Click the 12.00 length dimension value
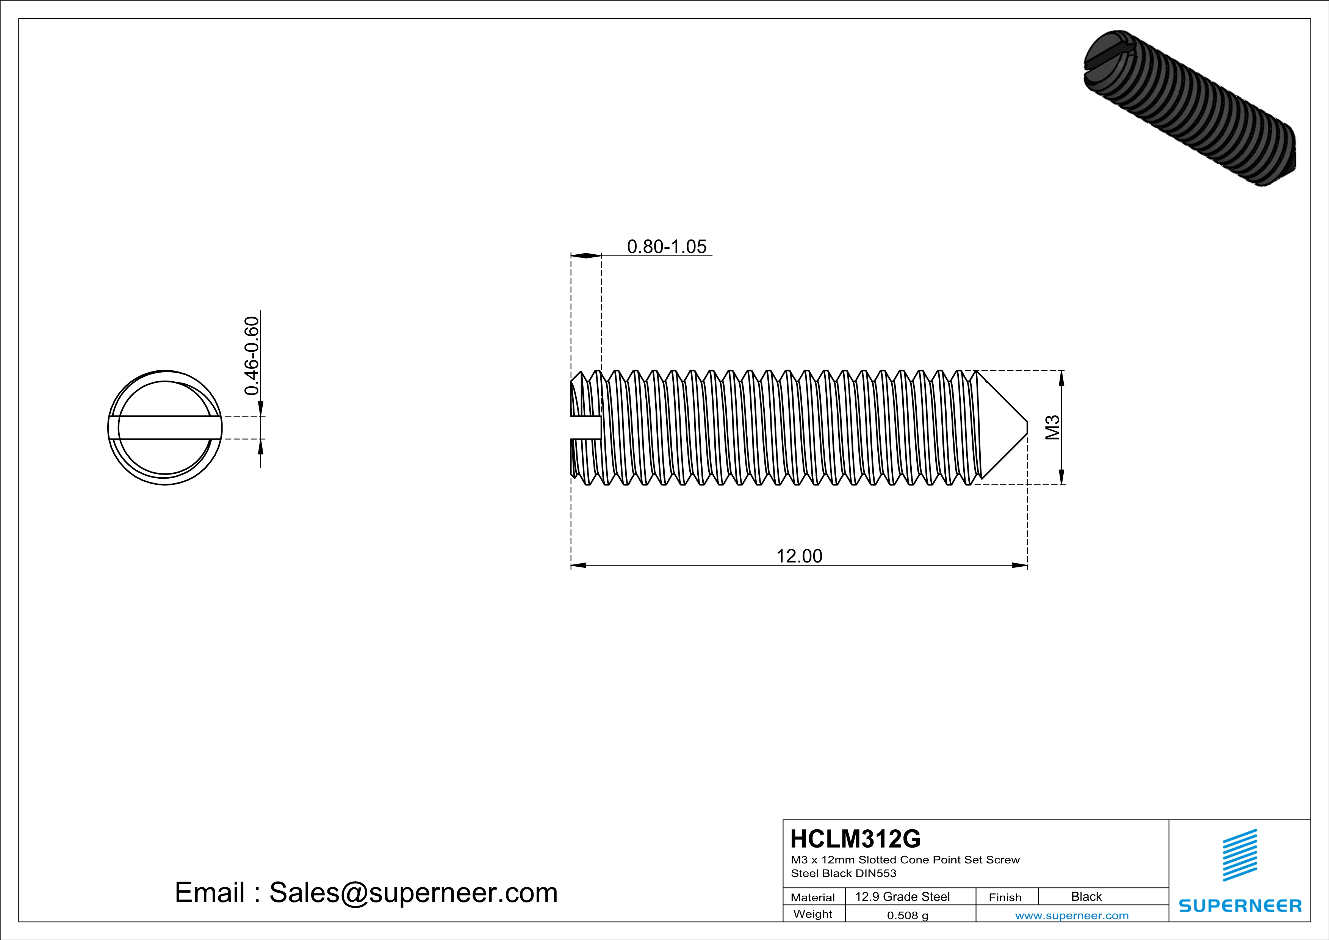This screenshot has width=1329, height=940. (x=799, y=556)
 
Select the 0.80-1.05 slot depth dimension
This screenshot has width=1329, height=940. (x=667, y=247)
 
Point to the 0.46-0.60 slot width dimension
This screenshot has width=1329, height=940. (x=252, y=356)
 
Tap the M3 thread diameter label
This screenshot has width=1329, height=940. (x=1052, y=428)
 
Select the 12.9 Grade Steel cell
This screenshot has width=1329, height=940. (x=902, y=896)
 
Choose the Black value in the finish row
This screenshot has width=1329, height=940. (x=1086, y=896)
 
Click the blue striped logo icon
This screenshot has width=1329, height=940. (x=1239, y=855)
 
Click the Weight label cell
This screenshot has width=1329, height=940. (x=813, y=914)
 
